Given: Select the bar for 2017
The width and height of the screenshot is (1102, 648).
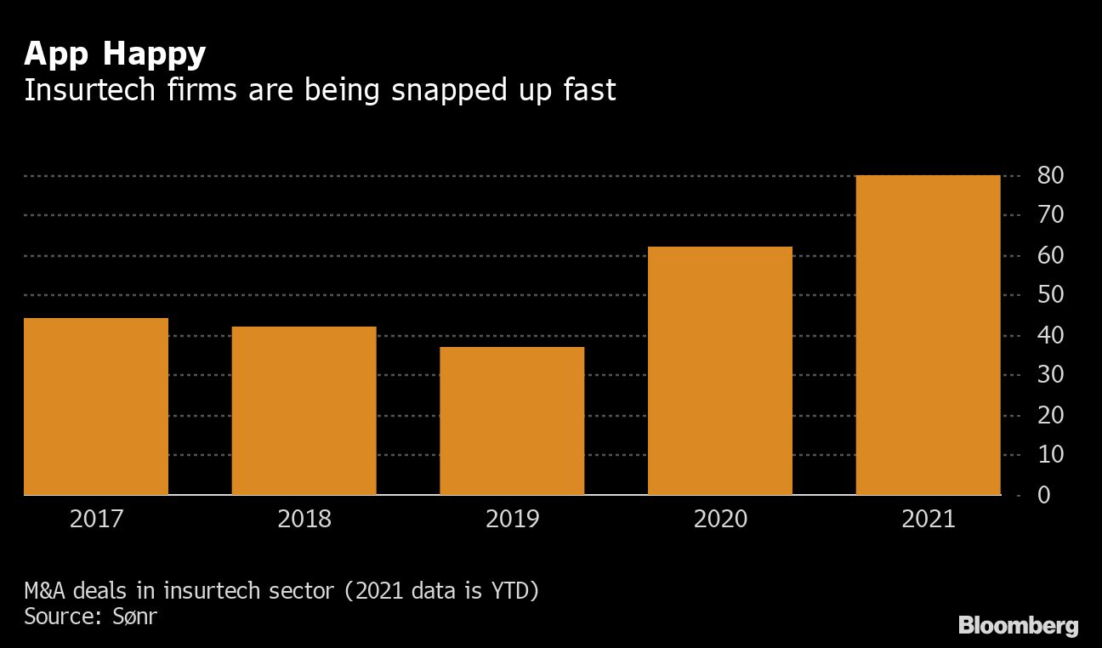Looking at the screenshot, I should coord(96,406).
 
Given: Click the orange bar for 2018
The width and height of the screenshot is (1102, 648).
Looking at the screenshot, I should coord(304,410).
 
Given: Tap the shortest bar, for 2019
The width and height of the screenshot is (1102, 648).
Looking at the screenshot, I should coord(512,420).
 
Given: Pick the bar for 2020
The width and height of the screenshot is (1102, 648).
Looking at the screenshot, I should coord(719,370).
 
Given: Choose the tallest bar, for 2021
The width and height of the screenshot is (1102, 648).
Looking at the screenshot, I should coord(928,334).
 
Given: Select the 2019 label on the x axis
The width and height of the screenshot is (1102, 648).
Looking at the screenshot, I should coord(512,519).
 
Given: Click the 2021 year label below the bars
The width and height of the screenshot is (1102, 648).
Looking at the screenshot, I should coord(928,519).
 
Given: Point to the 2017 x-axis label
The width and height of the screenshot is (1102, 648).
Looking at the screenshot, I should coord(96,519).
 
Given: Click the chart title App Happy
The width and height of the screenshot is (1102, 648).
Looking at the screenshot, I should coord(115,54).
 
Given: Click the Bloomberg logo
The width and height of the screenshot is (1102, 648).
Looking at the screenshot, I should coord(1019,626).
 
